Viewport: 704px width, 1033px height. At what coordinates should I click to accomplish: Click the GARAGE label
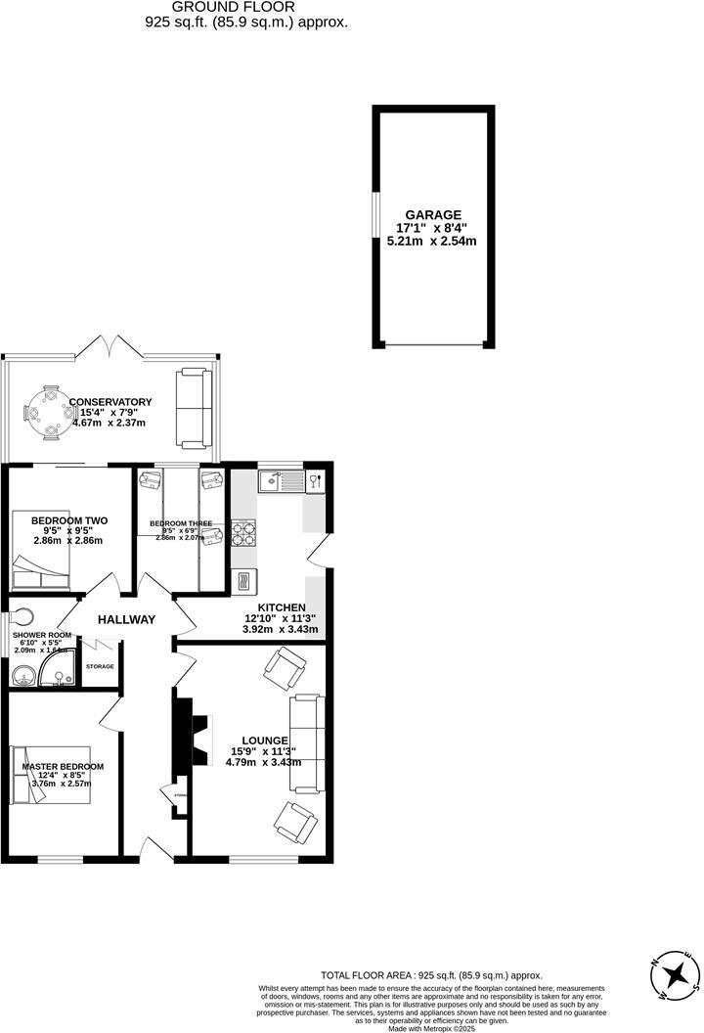point(435,215)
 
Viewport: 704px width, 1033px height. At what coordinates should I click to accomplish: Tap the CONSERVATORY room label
point(110,402)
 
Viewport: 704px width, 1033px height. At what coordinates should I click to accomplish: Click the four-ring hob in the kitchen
point(243,534)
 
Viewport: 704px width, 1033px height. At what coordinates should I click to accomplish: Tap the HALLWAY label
point(127,619)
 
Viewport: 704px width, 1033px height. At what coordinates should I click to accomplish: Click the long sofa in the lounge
point(305,743)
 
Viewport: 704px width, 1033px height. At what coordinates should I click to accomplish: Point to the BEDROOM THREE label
point(181,523)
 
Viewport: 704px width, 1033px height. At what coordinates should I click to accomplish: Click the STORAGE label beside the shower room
point(100,666)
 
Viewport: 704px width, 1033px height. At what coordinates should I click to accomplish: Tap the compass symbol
point(677,975)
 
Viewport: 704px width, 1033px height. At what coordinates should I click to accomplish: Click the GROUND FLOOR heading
point(233,6)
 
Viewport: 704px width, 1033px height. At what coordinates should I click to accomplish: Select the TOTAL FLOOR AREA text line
point(431,975)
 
